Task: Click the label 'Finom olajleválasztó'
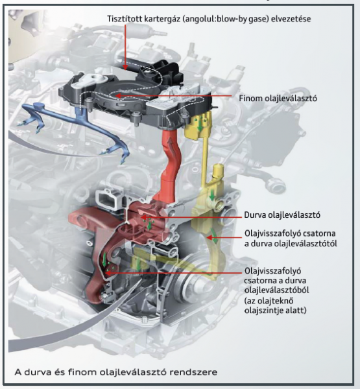tap(278, 99)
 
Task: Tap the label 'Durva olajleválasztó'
tap(282, 215)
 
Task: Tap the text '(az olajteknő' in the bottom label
tap(269, 301)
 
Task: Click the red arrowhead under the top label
tap(125, 67)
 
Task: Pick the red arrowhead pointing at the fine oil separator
tap(118, 96)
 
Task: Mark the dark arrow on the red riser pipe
tap(170, 143)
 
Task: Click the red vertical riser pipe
tap(169, 164)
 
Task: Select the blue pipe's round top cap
tap(38, 106)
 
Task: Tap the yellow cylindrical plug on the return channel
tap(218, 171)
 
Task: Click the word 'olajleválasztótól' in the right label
tap(306, 243)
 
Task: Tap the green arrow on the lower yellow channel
tap(214, 236)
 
